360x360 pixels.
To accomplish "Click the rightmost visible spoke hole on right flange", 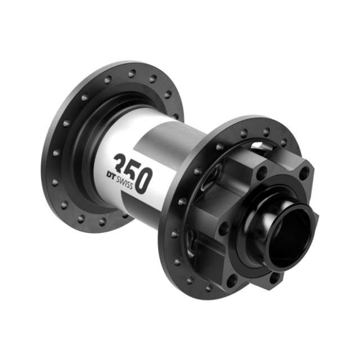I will coord(284,142).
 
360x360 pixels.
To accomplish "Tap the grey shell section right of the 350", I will coord(169,169).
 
